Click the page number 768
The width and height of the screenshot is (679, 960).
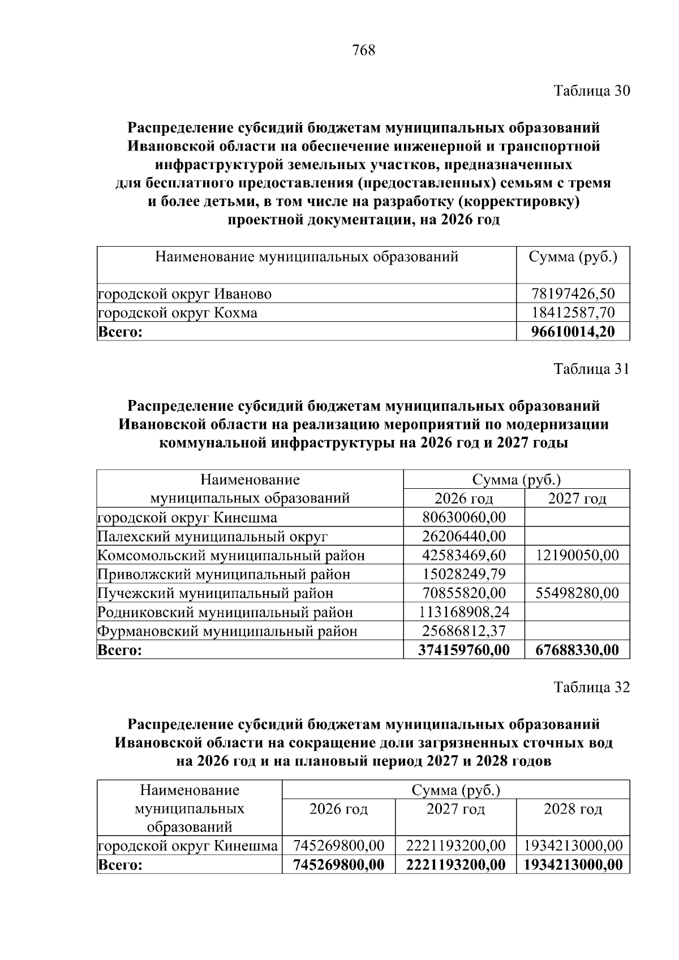(x=363, y=51)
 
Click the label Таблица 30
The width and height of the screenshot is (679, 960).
(x=591, y=91)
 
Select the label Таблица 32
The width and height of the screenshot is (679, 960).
(x=591, y=687)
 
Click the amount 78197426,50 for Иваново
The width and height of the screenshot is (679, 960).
(x=573, y=294)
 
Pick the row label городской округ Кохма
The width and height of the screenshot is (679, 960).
(x=178, y=313)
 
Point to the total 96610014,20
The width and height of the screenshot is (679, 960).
(x=573, y=332)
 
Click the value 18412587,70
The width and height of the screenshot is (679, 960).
(x=573, y=313)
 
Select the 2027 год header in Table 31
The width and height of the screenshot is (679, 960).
(x=577, y=498)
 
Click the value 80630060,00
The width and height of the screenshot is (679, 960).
(x=464, y=517)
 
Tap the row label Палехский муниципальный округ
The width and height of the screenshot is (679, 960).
(x=213, y=536)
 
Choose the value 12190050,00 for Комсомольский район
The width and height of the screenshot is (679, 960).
(x=577, y=555)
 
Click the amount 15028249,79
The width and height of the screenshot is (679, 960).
(x=464, y=574)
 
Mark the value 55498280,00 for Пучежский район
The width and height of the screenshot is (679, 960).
(x=577, y=593)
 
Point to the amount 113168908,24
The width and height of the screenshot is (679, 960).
(x=464, y=612)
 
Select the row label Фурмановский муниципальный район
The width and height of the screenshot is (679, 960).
(x=227, y=631)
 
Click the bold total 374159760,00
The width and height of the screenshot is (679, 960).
(x=464, y=650)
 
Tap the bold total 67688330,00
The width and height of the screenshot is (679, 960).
(x=577, y=650)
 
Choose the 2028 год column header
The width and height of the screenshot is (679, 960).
(x=573, y=809)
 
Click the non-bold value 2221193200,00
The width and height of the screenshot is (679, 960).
(x=455, y=846)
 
